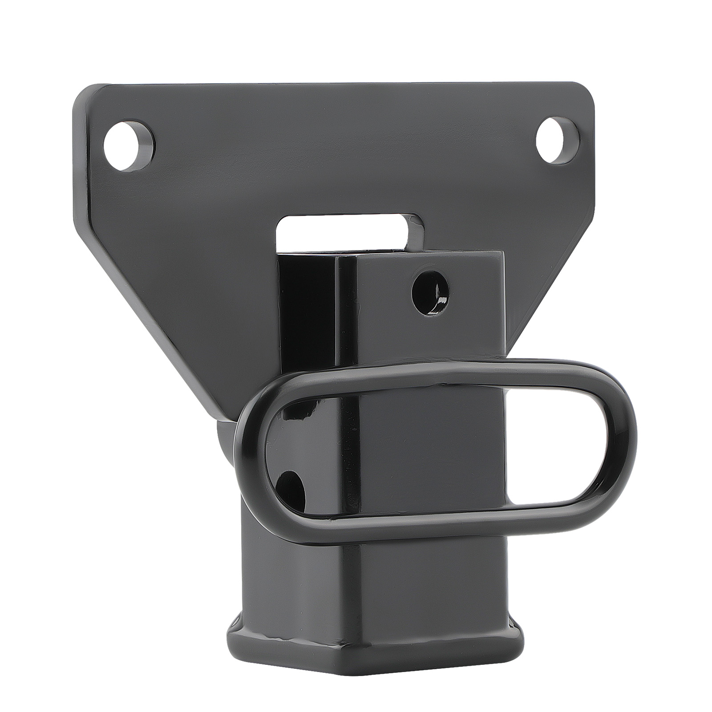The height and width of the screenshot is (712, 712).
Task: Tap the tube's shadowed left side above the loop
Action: click(x=307, y=320)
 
